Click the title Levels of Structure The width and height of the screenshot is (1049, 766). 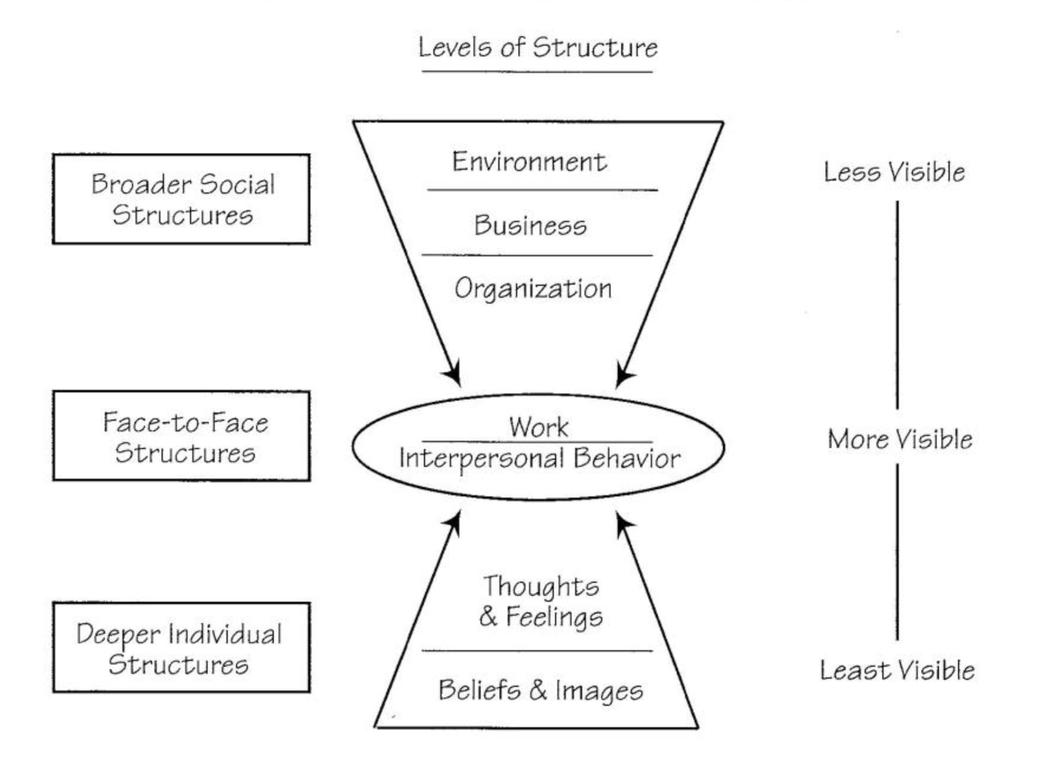pyautogui.click(x=538, y=47)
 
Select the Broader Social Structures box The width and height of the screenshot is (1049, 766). pyautogui.click(x=181, y=199)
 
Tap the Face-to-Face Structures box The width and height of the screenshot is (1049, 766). pyautogui.click(x=182, y=437)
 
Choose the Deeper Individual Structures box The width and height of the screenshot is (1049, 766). pyautogui.click(x=181, y=648)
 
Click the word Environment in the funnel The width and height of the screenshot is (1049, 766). pyautogui.click(x=529, y=162)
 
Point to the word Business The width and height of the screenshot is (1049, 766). pyautogui.click(x=530, y=225)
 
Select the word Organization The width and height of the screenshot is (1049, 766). pyautogui.click(x=533, y=288)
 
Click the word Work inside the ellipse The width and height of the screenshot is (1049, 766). pyautogui.click(x=538, y=426)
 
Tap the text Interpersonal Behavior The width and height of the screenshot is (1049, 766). pyautogui.click(x=539, y=458)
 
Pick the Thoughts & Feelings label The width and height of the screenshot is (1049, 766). pyautogui.click(x=541, y=601)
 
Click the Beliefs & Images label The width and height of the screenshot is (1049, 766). pyautogui.click(x=540, y=690)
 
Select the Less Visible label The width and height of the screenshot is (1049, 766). pyautogui.click(x=894, y=172)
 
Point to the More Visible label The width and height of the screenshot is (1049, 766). pyautogui.click(x=899, y=439)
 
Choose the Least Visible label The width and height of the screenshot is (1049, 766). pyautogui.click(x=897, y=671)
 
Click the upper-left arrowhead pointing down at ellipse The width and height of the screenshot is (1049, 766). pyautogui.click(x=453, y=374)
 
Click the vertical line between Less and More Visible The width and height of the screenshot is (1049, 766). pyautogui.click(x=897, y=303)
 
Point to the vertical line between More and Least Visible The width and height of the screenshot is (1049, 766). pyautogui.click(x=897, y=552)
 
